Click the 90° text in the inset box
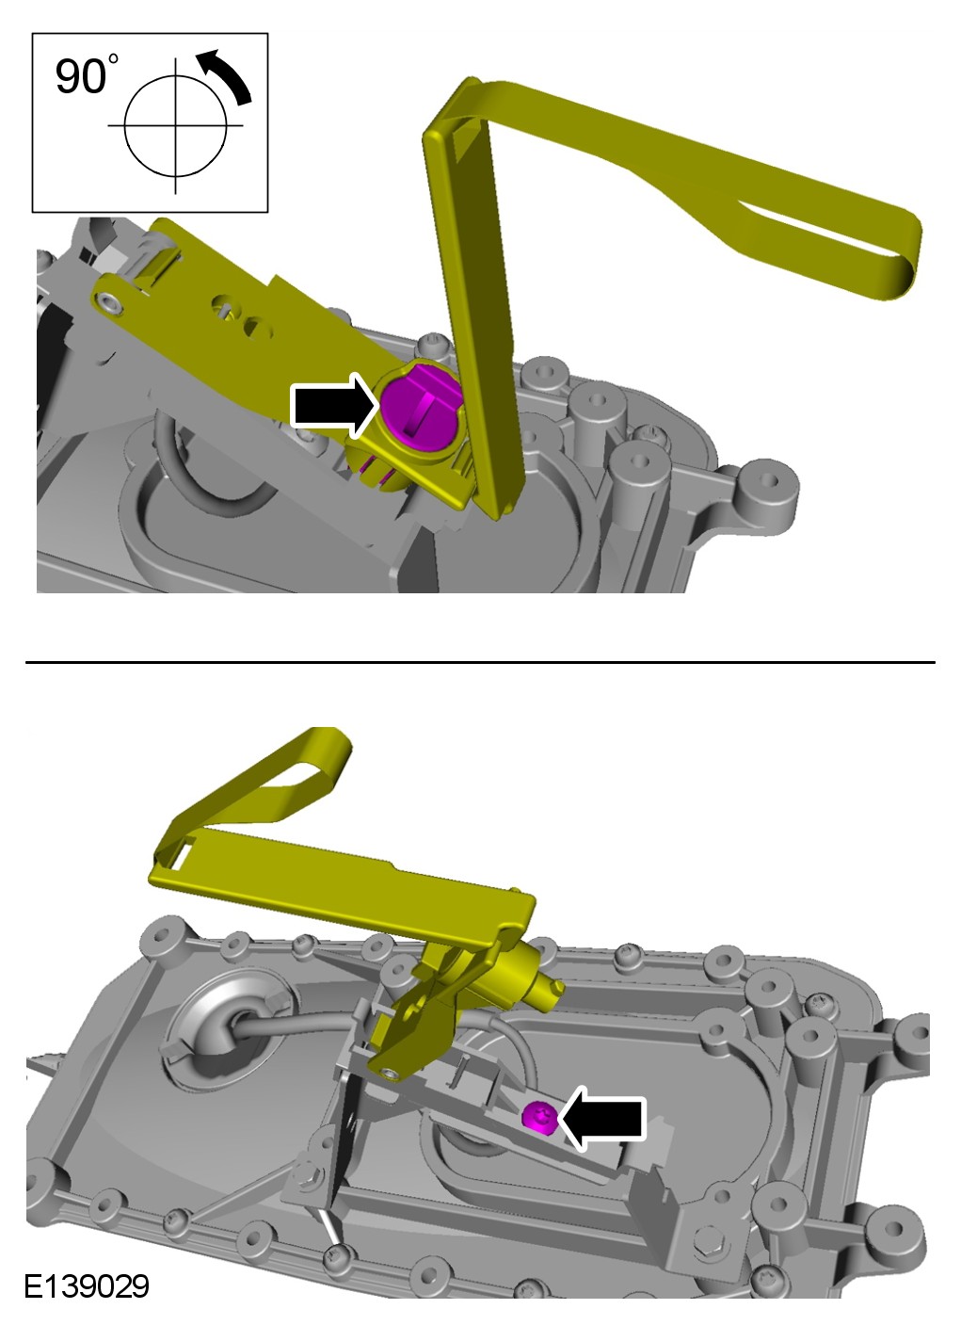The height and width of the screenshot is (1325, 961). point(87,75)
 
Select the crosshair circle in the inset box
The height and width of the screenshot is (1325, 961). point(176,125)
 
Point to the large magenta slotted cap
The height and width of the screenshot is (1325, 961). point(421,405)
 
